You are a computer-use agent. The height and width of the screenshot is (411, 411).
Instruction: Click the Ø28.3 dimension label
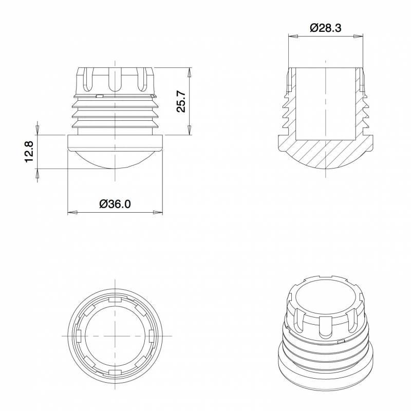point(326,28)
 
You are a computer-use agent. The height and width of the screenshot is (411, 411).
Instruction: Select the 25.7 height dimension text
point(181,101)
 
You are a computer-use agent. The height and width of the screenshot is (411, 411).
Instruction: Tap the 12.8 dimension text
point(29,152)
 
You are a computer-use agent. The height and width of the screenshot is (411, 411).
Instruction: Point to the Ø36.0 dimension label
point(115,203)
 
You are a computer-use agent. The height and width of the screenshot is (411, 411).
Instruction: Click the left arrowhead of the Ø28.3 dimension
point(293,36)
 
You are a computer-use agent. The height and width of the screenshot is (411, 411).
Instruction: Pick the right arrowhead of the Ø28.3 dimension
point(358,36)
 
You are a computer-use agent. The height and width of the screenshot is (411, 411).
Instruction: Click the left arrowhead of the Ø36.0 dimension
point(72,212)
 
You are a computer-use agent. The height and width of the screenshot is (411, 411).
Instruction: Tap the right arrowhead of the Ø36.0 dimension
point(158,212)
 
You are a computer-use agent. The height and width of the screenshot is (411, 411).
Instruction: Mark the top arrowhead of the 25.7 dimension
point(189,72)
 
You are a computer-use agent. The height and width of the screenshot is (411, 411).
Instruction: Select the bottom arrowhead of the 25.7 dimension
point(189,130)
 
